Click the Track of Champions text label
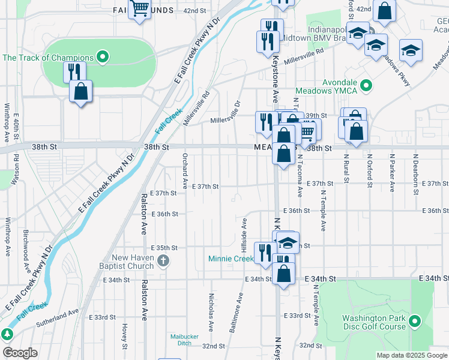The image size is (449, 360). (x=48, y=58)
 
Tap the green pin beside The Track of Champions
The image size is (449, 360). (x=103, y=58)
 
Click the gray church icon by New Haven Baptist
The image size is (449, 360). (x=165, y=260)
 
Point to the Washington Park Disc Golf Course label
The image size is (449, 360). (x=374, y=323)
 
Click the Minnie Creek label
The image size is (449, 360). (x=231, y=259)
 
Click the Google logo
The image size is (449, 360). (x=19, y=353)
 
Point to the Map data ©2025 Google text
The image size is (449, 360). (x=411, y=355)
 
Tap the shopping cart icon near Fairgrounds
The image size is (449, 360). (x=140, y=8)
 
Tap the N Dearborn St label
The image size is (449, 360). (x=415, y=172)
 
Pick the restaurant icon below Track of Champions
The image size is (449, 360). (x=74, y=72)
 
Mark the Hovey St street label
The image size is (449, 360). (x=125, y=336)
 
